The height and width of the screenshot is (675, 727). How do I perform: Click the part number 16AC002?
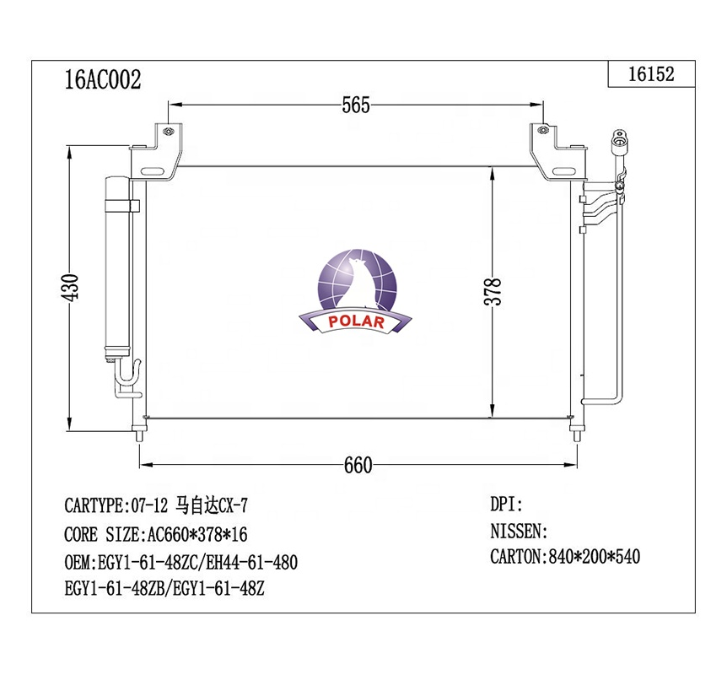[x=102, y=79]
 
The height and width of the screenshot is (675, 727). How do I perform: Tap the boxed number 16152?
[x=651, y=74]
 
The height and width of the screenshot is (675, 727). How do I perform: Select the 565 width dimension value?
[x=356, y=105]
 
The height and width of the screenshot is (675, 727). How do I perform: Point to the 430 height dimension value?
[x=71, y=288]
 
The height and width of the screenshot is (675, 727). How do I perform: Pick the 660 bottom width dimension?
[x=358, y=465]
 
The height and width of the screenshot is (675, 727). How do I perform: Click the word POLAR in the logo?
[x=356, y=321]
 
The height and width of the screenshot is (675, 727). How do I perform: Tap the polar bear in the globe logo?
[x=358, y=283]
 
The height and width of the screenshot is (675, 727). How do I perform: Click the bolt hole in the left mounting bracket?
[x=168, y=132]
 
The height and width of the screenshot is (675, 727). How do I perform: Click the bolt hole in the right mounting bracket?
[x=543, y=131]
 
